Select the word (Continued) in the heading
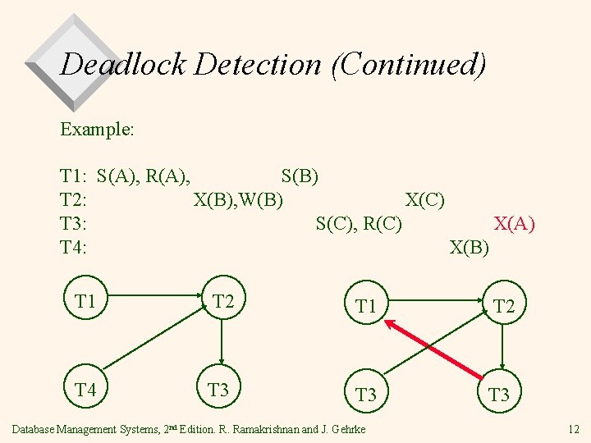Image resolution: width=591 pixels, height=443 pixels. tap(408, 64)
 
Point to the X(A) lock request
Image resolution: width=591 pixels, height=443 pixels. tap(514, 223)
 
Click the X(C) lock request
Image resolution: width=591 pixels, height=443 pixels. tap(425, 199)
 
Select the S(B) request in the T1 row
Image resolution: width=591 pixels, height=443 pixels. tap(300, 176)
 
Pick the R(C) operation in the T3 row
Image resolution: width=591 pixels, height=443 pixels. tap(383, 223)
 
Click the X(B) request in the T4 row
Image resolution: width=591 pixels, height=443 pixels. tap(470, 247)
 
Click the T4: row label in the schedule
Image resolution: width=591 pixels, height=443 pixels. tap(74, 247)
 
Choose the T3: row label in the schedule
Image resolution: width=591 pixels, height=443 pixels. tap(74, 223)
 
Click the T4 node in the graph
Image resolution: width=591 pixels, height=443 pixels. tap(86, 389)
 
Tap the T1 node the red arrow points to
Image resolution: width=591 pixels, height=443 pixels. tap(365, 308)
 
